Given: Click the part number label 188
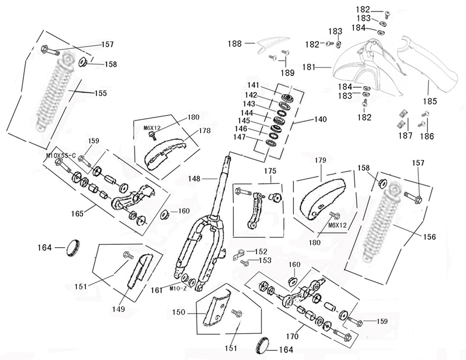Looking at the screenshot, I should [x=234, y=43].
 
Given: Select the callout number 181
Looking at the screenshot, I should [x=308, y=67].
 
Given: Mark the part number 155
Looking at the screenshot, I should [x=101, y=93].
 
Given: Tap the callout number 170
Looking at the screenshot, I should [x=292, y=336].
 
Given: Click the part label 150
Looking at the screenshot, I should [x=179, y=312].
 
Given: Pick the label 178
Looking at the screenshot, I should [x=204, y=131].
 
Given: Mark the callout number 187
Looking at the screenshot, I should [x=405, y=136].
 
